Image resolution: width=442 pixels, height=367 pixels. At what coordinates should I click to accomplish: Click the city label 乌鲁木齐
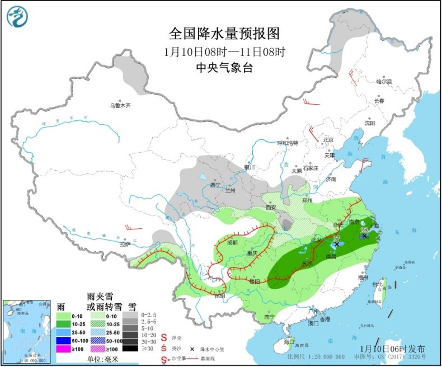[120, 105]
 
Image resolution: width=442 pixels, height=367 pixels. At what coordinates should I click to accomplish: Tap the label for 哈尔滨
[384, 82]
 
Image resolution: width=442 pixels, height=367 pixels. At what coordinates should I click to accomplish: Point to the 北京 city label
[327, 140]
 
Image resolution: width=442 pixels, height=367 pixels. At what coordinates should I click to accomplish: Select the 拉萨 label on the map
[124, 244]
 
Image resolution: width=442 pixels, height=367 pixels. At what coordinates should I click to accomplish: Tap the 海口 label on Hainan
[289, 341]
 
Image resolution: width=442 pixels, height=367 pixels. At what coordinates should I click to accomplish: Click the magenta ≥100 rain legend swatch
[65, 349]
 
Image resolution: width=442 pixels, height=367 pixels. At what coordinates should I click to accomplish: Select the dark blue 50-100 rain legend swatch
[65, 340]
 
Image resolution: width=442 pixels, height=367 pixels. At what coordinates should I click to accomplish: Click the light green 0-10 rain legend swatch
[65, 315]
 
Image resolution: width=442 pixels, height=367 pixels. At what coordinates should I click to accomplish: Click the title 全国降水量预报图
[224, 34]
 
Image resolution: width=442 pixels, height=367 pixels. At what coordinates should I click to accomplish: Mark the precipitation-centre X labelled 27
[337, 244]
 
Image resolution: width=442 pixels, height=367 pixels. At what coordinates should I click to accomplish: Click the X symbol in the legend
[194, 348]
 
